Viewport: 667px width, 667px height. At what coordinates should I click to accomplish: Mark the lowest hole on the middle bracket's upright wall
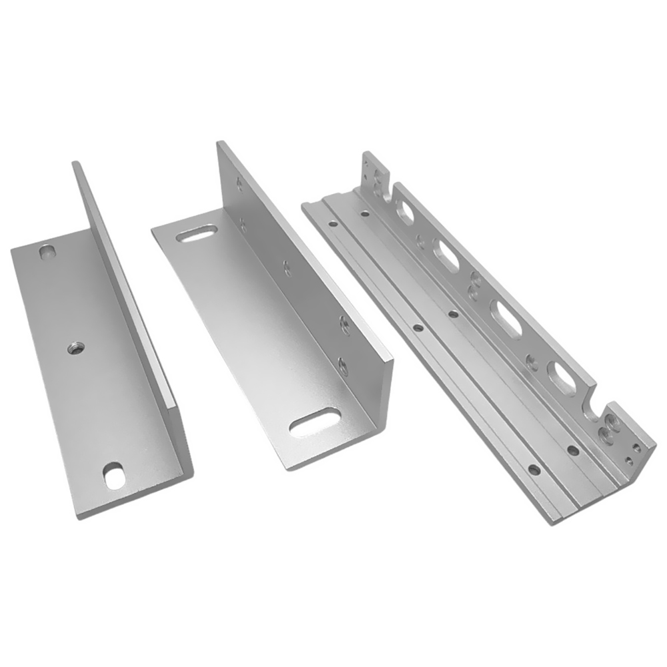343,364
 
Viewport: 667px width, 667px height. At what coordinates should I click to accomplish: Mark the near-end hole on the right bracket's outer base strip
534,469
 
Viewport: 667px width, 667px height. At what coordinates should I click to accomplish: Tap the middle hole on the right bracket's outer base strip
418,327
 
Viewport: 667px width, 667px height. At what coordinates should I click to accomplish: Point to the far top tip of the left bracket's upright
75,164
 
